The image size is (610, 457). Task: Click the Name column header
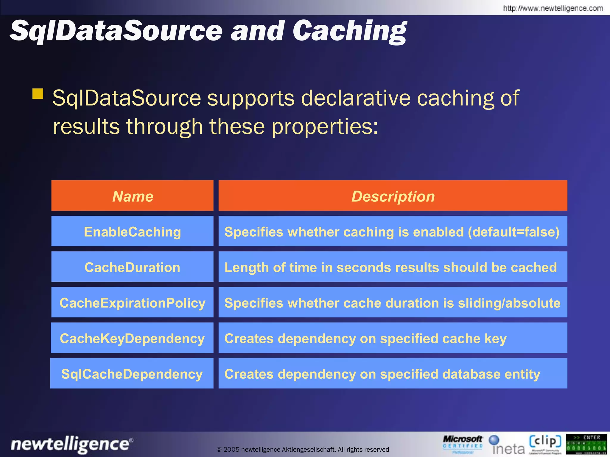pyautogui.click(x=133, y=196)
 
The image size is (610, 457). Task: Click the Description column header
pyautogui.click(x=393, y=196)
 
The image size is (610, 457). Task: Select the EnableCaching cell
pyautogui.click(x=133, y=232)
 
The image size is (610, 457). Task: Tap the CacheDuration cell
pyautogui.click(x=133, y=267)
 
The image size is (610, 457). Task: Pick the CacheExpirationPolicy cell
pyautogui.click(x=133, y=303)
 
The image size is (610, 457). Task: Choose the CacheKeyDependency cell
pyautogui.click(x=133, y=338)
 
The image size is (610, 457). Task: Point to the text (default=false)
pyautogui.click(x=513, y=232)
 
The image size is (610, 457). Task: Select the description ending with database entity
pyautogui.click(x=382, y=374)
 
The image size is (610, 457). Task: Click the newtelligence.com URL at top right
pyautogui.click(x=553, y=8)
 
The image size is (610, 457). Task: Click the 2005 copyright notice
pyautogui.click(x=303, y=449)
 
